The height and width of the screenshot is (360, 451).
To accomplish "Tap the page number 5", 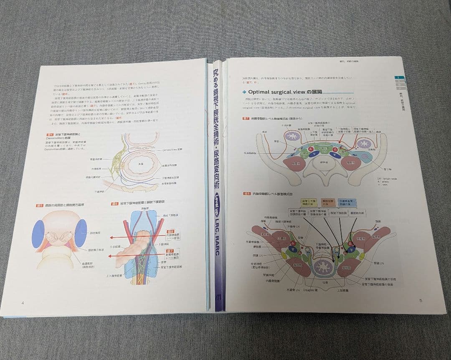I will [x=421, y=300].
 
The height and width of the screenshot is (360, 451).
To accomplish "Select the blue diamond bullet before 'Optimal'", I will [x=244, y=92].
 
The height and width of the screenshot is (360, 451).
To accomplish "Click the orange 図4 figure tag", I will [x=51, y=134].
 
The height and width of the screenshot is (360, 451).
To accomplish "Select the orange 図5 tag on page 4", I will [x=40, y=205].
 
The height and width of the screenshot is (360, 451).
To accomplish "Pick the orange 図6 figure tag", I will [x=114, y=204].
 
